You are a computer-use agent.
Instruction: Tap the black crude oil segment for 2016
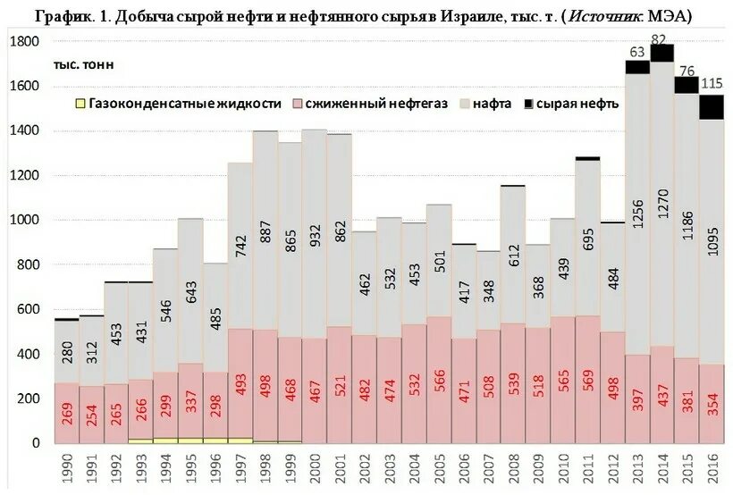click(712, 107)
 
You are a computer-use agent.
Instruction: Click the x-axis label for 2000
click(314, 469)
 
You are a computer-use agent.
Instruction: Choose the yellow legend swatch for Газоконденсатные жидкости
click(80, 104)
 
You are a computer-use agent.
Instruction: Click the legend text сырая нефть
click(586, 104)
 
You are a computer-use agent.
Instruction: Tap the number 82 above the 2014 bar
click(660, 39)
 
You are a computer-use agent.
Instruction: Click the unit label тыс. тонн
click(83, 64)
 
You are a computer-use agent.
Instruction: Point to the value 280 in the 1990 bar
click(66, 356)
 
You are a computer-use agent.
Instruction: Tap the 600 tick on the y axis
click(29, 309)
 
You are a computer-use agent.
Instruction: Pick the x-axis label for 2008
click(512, 469)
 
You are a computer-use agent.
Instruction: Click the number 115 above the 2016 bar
click(712, 82)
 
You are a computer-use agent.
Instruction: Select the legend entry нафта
click(493, 104)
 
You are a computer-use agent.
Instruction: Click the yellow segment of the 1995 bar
click(190, 440)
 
